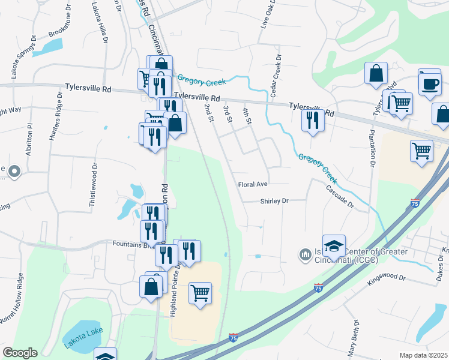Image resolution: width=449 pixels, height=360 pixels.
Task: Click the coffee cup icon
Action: click(x=430, y=83)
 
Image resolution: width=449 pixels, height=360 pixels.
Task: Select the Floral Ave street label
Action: click(x=252, y=184)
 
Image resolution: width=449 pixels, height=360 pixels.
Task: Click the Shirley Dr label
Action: click(x=275, y=202)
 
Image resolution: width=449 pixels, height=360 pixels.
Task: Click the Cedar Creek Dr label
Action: click(x=276, y=78)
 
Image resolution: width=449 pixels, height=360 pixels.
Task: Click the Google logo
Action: click(x=20, y=353)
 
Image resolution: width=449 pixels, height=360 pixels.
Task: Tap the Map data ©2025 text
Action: click(x=423, y=355)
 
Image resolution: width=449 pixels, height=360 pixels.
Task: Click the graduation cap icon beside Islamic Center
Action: click(x=334, y=246)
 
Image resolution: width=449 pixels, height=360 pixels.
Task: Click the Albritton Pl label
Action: click(x=29, y=139)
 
